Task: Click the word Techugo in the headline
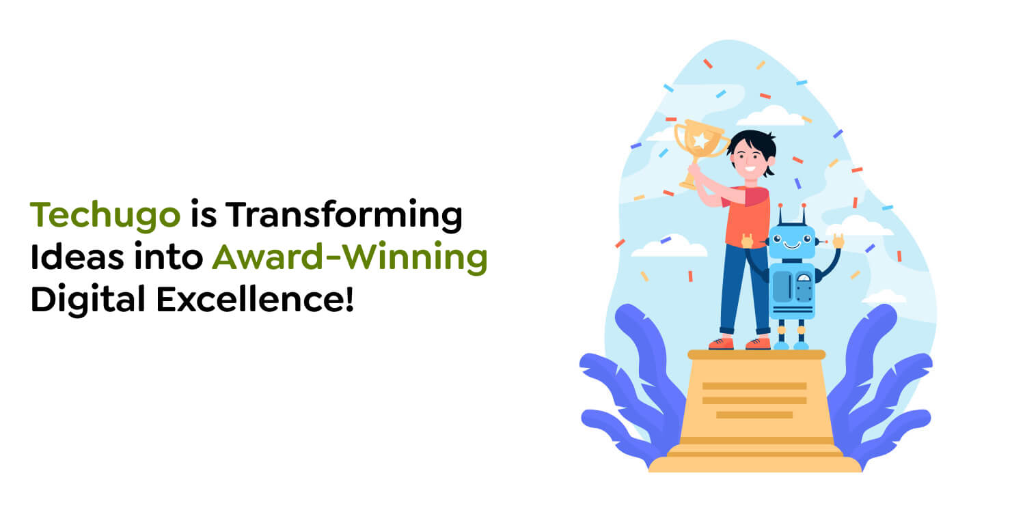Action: point(105,216)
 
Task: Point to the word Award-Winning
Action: point(349,258)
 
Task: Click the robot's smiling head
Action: point(791,241)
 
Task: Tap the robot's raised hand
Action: point(838,240)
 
